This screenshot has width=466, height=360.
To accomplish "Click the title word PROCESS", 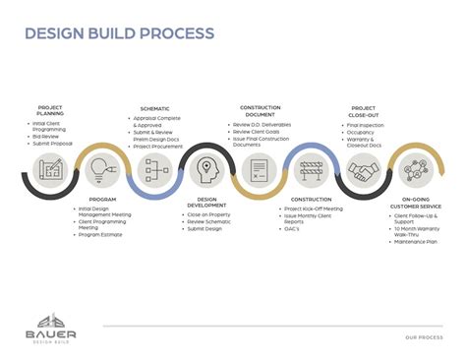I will click(x=175, y=33).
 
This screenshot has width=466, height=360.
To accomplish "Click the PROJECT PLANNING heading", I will click(x=49, y=110).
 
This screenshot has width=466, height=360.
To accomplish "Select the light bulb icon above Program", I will click(x=101, y=169).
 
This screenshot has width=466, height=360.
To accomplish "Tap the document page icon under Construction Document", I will click(x=260, y=169).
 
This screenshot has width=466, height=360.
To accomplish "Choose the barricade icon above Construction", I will click(x=311, y=169).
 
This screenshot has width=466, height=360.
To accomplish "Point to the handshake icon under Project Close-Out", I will click(x=363, y=169).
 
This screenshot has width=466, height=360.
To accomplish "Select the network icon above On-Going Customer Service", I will click(x=414, y=169).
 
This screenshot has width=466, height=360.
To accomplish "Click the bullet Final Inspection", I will click(x=367, y=124).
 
